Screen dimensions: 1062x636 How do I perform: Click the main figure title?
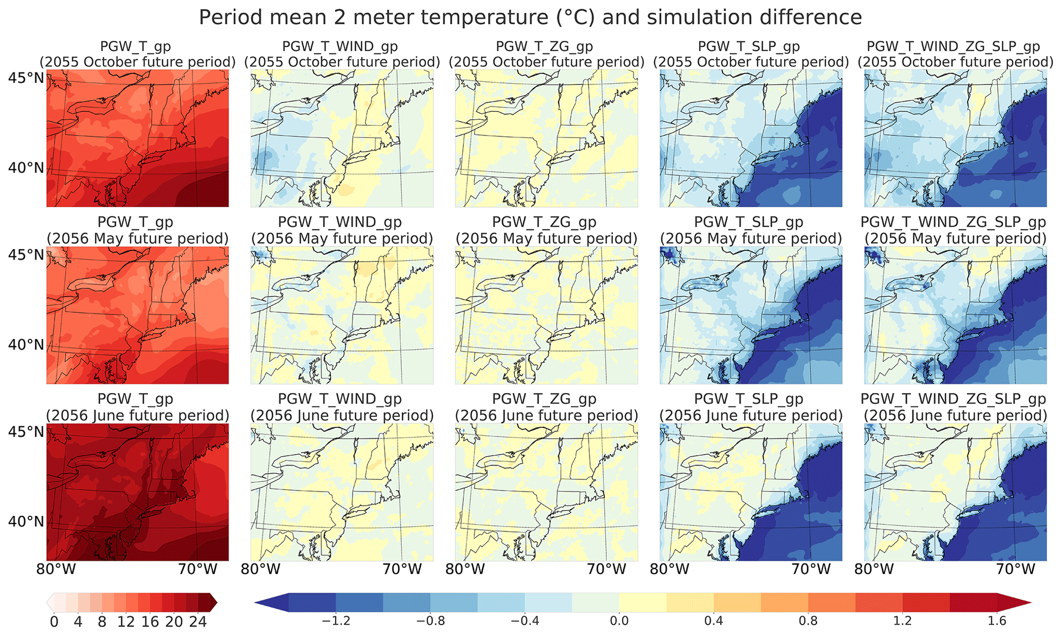(530, 17)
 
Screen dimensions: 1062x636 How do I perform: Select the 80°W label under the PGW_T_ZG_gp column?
(465, 569)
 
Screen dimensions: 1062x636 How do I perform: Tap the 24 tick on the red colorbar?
(198, 622)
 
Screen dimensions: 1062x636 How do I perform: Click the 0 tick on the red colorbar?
(54, 622)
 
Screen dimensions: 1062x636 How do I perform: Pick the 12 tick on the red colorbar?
(126, 622)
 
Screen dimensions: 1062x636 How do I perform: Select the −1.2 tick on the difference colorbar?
(336, 621)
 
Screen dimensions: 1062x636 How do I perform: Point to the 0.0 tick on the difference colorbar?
(619, 621)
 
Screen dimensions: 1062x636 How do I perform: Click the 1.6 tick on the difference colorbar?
(997, 621)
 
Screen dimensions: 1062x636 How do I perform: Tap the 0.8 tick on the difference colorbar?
(808, 621)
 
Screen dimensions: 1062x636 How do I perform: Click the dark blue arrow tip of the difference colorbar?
(255, 602)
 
